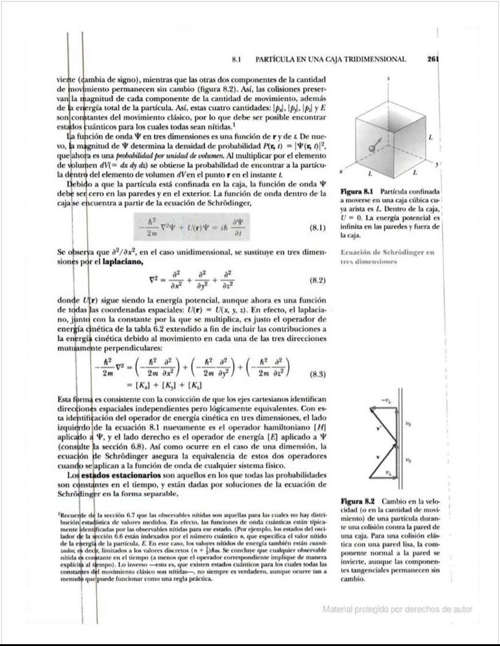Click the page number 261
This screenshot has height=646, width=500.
pos(432,60)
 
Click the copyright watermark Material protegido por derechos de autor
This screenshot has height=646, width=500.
pos(397,609)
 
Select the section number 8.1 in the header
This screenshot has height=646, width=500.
pos(238,60)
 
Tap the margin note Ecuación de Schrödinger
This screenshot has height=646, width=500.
pos(386,252)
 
